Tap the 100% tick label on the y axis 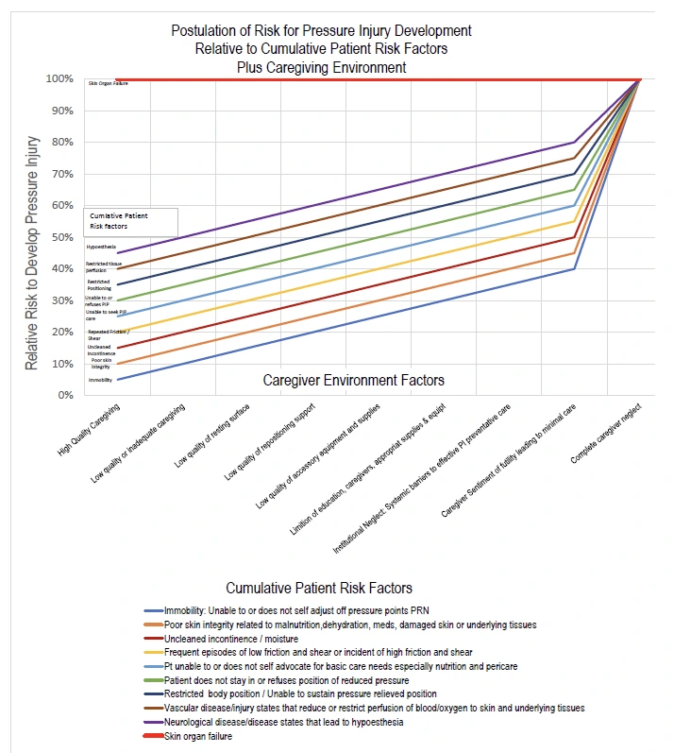tap(58, 78)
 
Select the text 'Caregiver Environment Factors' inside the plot tap(352, 381)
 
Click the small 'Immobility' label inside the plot tap(100, 380)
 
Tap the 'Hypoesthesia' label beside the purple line tap(101, 247)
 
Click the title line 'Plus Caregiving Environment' tap(322, 67)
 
